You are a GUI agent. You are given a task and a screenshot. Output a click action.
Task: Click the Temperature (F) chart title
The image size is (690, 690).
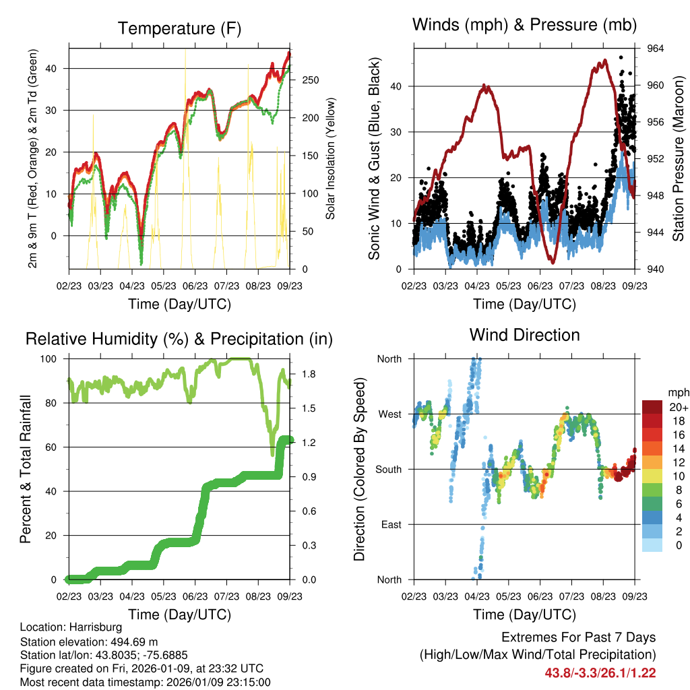coord(179,29)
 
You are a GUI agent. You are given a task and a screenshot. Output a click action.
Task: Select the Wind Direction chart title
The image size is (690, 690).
coord(524,335)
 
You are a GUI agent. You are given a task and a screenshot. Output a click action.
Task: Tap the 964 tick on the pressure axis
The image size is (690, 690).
coord(656,49)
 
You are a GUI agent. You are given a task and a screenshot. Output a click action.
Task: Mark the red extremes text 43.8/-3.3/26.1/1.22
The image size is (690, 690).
coord(600,672)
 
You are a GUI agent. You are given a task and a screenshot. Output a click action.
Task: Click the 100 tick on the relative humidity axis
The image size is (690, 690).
coord(51,358)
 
